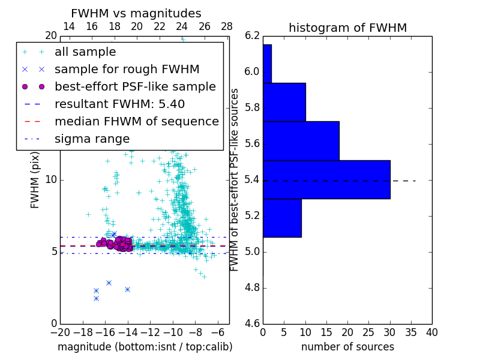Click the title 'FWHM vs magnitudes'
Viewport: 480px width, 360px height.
[136, 13]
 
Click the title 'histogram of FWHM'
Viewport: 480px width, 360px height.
[347, 28]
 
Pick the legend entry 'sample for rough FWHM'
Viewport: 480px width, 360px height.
[127, 69]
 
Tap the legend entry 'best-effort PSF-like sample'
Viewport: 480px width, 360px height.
[135, 86]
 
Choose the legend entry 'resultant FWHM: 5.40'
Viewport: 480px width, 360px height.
[119, 104]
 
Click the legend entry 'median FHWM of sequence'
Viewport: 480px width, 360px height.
[136, 121]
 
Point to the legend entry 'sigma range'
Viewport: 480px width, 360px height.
[92, 139]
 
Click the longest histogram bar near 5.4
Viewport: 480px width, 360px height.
[326, 179]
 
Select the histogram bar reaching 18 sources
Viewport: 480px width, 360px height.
[301, 141]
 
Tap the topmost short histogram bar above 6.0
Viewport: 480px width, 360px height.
[267, 64]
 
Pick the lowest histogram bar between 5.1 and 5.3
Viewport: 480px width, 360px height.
[282, 218]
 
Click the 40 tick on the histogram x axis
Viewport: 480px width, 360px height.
[431, 332]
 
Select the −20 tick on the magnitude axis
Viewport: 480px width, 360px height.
[60, 332]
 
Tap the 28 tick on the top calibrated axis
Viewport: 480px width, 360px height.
[227, 26]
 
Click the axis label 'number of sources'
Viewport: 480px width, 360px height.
[347, 347]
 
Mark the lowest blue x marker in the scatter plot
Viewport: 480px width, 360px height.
[96, 298]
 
